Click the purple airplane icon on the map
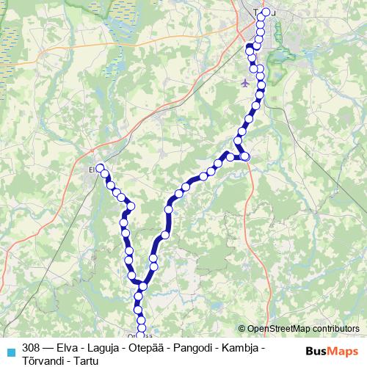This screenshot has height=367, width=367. point(244,82)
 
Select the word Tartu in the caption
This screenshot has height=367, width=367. point(87,359)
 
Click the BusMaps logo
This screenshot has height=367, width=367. point(332,350)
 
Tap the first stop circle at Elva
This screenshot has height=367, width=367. point(101,168)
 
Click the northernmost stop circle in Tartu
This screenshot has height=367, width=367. point(266,11)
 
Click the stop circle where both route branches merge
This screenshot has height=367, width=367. point(137,283)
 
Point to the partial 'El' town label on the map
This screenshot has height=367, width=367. point(92,168)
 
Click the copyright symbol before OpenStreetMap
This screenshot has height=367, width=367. point(242,329)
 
